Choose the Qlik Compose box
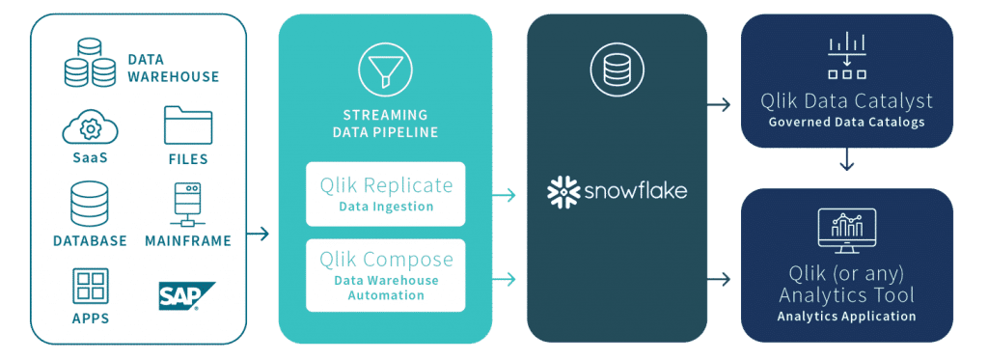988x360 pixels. [385, 275]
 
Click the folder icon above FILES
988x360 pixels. [187, 125]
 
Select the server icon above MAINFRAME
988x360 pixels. [187, 206]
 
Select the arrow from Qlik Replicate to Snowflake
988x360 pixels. [504, 196]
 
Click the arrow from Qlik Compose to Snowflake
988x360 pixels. [504, 281]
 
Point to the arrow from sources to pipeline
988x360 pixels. [259, 233]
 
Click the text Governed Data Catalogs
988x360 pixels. [846, 122]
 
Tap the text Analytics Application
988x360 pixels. [846, 316]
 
